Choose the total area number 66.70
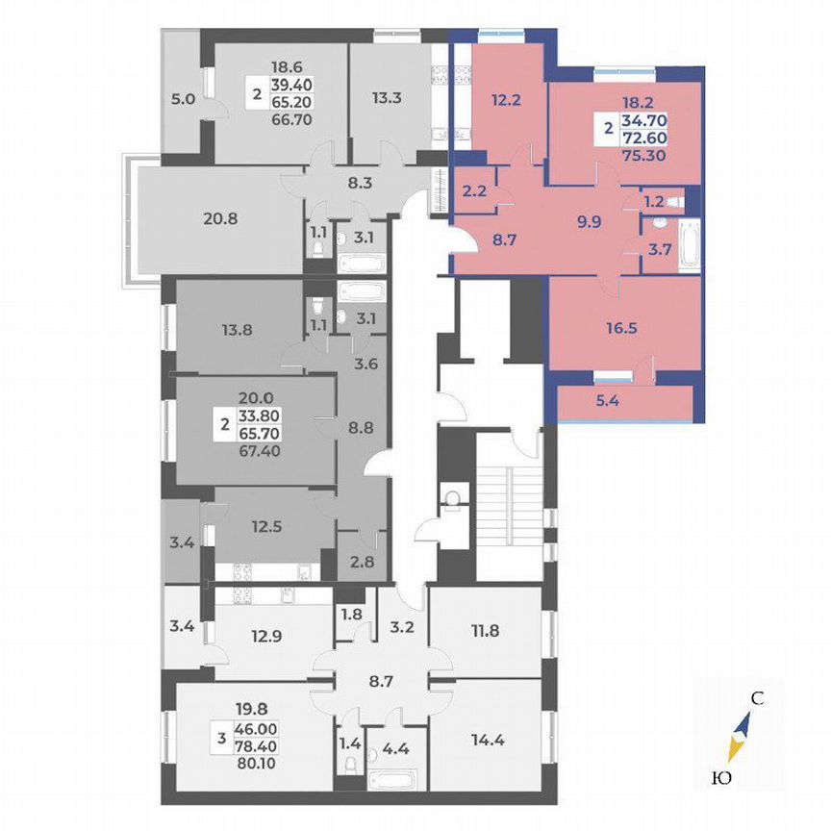coord(290,121)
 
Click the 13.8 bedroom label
coord(222,330)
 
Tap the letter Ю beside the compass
coord(719,777)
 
